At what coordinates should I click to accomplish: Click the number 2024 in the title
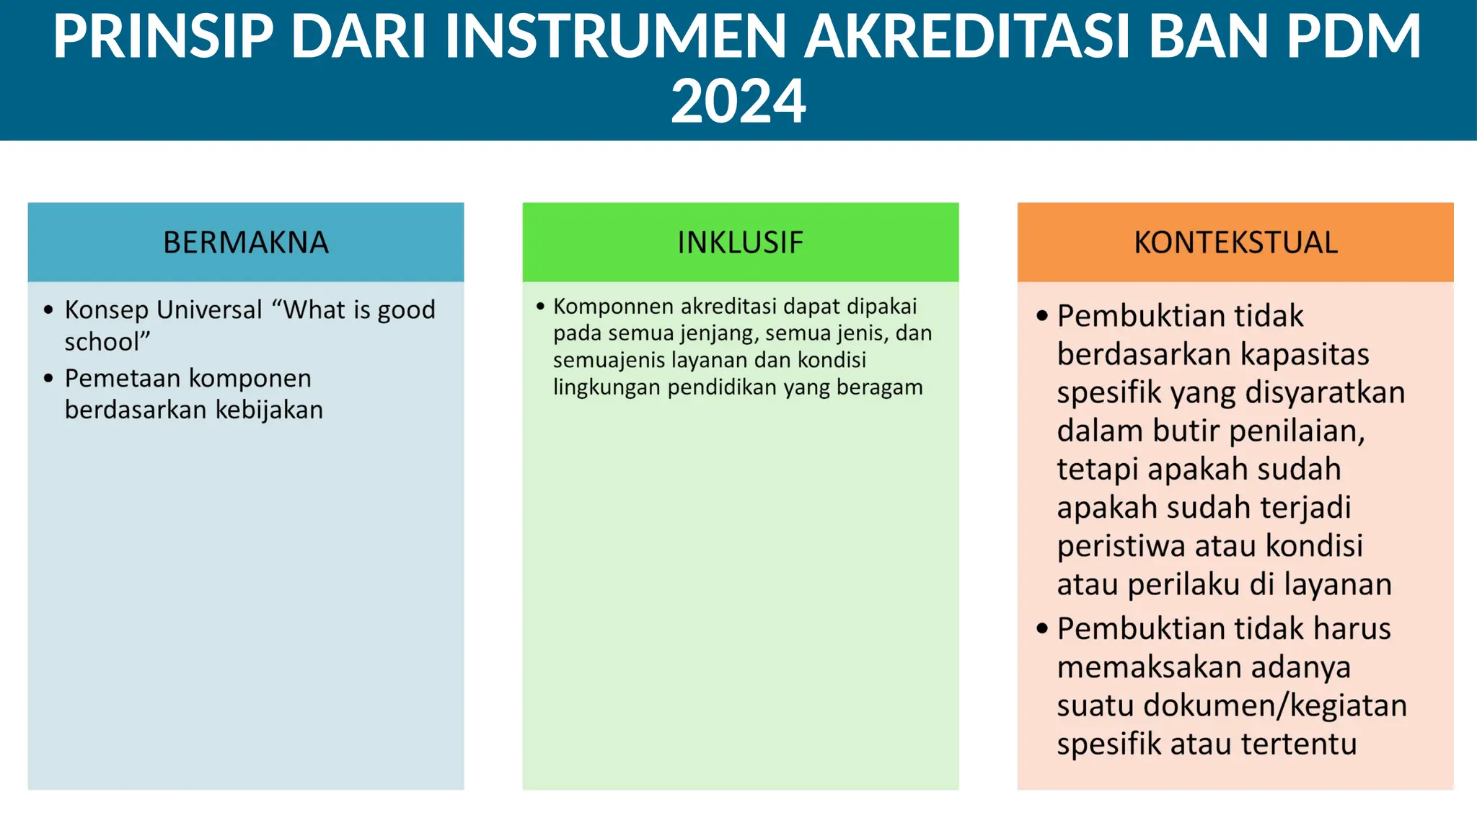click(738, 102)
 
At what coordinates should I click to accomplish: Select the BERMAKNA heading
click(245, 242)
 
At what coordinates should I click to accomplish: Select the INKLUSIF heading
click(740, 242)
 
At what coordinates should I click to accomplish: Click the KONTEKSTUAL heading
click(1235, 242)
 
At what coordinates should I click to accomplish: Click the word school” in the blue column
click(107, 341)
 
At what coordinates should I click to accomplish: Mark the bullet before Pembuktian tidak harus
click(1041, 628)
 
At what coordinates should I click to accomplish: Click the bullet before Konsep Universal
click(48, 310)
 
